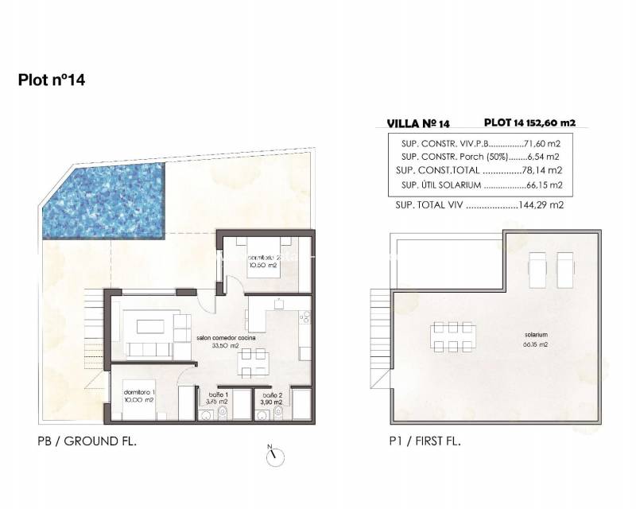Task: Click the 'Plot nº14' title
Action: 52,80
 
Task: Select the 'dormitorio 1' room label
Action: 139,392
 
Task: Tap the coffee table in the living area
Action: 149,326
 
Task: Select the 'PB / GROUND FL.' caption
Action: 87,441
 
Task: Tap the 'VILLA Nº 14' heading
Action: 417,123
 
